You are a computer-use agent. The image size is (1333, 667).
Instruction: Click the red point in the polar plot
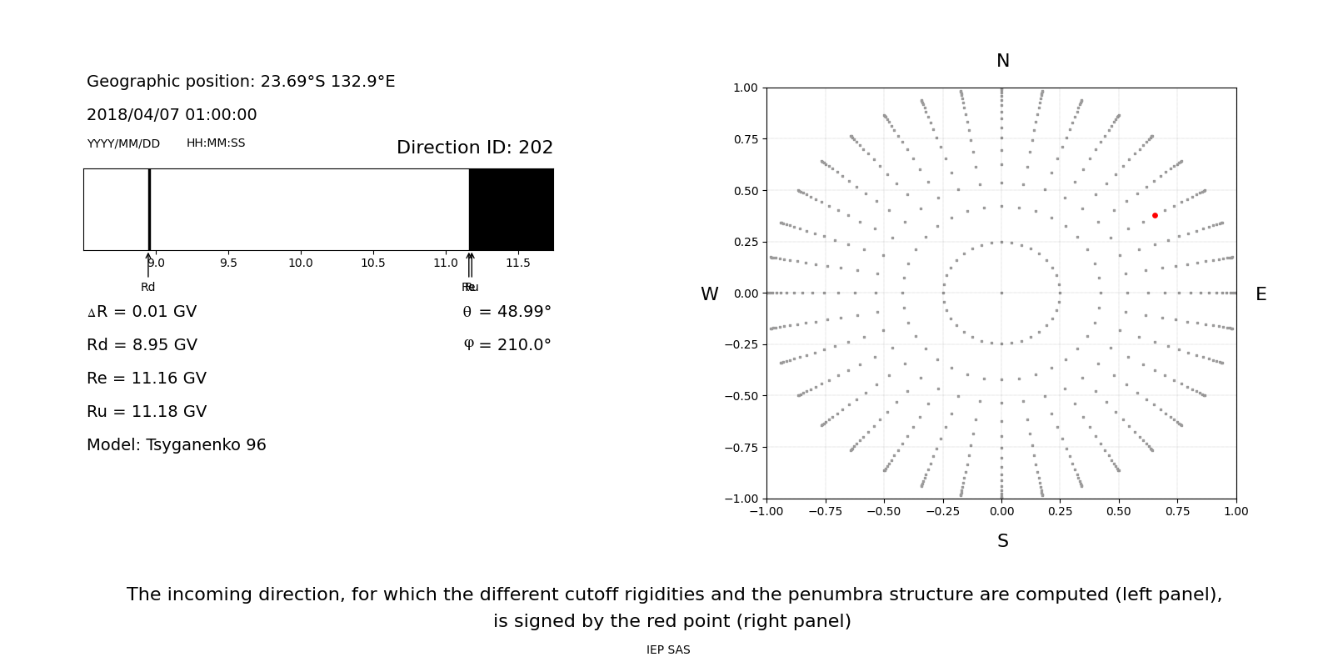[x=1155, y=215]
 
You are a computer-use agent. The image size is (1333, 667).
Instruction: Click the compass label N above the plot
[x=1002, y=61]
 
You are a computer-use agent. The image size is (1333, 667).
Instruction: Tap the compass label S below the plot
[x=1002, y=541]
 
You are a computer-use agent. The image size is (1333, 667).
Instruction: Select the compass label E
[x=1261, y=294]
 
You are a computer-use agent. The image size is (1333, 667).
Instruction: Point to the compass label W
[x=709, y=294]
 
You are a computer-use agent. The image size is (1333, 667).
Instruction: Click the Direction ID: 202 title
[x=474, y=148]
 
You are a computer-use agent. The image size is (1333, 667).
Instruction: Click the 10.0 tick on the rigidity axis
[x=301, y=263]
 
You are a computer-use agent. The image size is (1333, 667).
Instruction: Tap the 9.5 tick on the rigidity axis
[x=228, y=263]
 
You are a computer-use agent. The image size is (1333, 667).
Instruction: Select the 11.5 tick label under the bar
[x=518, y=263]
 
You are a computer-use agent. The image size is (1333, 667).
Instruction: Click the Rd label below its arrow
[x=147, y=288]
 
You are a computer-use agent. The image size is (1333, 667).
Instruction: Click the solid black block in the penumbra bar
[x=511, y=209]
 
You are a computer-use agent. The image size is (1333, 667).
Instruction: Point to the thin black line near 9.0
[x=149, y=209]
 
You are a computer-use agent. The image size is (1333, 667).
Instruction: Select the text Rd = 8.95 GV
[x=142, y=345]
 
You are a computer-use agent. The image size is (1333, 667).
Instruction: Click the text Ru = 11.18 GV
[x=147, y=412]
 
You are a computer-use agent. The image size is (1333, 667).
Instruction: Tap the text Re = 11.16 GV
[x=147, y=379]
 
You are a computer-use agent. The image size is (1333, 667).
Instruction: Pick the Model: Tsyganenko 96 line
[x=176, y=445]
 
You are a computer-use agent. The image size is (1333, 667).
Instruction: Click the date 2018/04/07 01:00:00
[x=172, y=115]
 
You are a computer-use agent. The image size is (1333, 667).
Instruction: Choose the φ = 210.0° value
[x=507, y=345]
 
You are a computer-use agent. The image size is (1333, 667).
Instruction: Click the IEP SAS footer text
[x=667, y=650]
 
